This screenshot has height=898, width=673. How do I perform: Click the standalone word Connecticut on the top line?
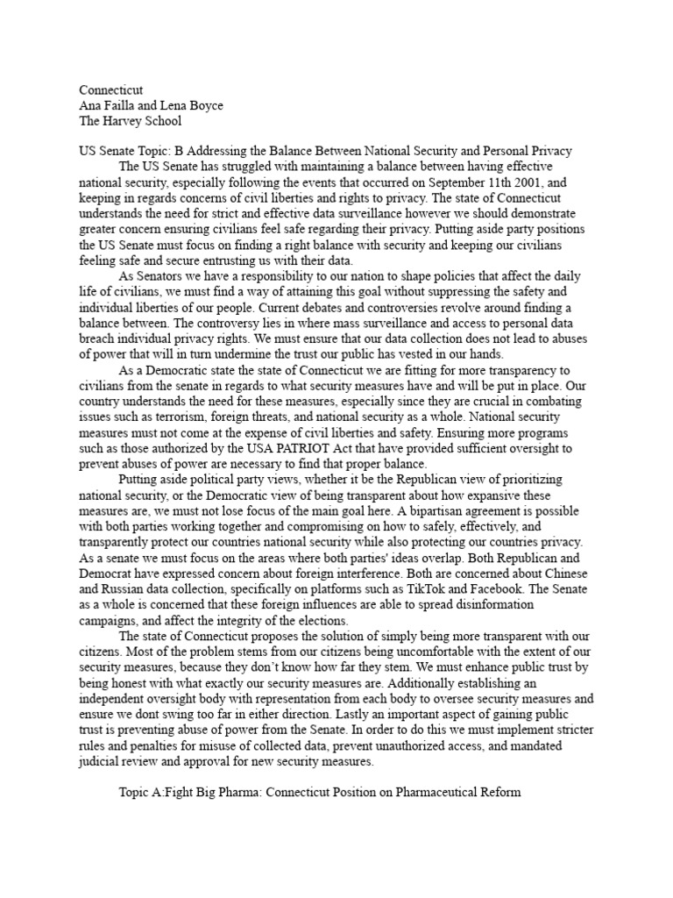pyautogui.click(x=110, y=90)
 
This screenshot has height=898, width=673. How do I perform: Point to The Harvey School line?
pyautogui.click(x=131, y=121)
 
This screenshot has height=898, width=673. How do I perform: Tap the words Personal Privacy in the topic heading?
pyautogui.click(x=527, y=151)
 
